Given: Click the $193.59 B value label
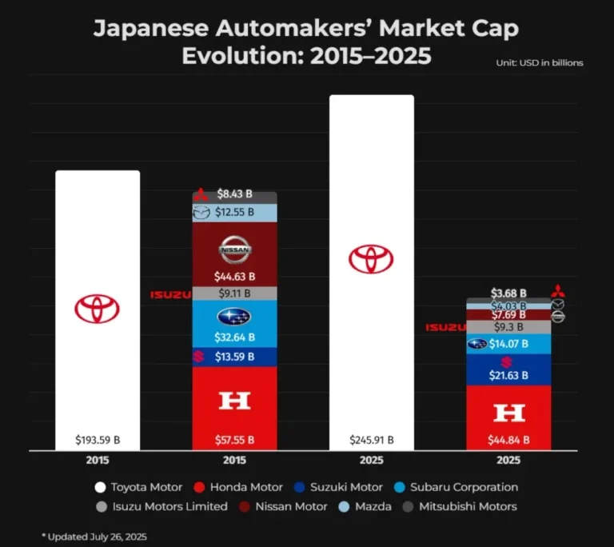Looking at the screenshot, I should coord(98,440).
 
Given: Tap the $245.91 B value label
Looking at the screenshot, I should coord(372,440).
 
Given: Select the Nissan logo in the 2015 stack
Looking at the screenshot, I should coord(235,250).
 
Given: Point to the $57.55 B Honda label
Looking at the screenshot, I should coord(235,440).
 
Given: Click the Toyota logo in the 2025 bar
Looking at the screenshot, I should coord(371,259).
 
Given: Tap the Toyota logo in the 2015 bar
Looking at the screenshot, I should coord(98,309).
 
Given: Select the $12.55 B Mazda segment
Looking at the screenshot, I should coord(235,213).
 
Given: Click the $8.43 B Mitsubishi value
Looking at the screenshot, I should coord(235,194).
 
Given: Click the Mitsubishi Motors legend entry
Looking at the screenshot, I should coord(471,506).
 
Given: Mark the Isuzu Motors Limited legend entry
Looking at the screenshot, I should coord(161,506).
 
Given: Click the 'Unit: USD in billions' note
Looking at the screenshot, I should coord(540,62).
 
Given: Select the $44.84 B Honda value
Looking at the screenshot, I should coord(509,440).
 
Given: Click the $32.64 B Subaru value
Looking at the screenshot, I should coord(235,337).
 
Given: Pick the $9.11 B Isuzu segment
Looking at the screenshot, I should coord(235,293).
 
